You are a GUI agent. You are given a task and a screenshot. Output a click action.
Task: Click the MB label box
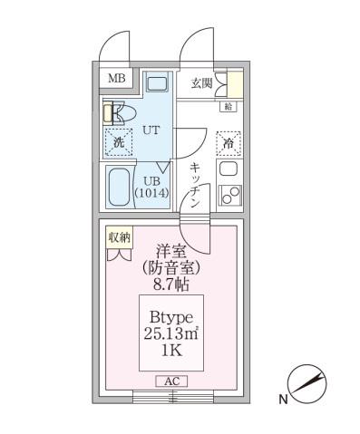pyautogui.click(x=117, y=79)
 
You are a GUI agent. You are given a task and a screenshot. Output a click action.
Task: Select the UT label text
pyautogui.click(x=151, y=130)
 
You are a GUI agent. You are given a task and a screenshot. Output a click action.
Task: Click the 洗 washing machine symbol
pyautogui.click(x=119, y=142)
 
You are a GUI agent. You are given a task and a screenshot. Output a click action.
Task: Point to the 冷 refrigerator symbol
pyautogui.click(x=229, y=143)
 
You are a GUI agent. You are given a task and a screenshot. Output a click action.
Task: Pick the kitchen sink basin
pyautogui.click(x=229, y=169)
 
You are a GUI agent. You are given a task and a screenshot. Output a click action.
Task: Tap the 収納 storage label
pyautogui.click(x=119, y=237)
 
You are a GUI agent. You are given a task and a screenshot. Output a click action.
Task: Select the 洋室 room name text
pyautogui.click(x=171, y=251)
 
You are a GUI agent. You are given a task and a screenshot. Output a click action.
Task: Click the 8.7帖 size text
pyautogui.click(x=171, y=283)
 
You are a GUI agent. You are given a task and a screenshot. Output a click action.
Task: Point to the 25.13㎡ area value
pyautogui.click(x=171, y=334)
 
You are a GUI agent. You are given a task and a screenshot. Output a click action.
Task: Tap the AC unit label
pyautogui.click(x=171, y=381)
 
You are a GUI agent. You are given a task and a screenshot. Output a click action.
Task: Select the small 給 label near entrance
pyautogui.click(x=228, y=106)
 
